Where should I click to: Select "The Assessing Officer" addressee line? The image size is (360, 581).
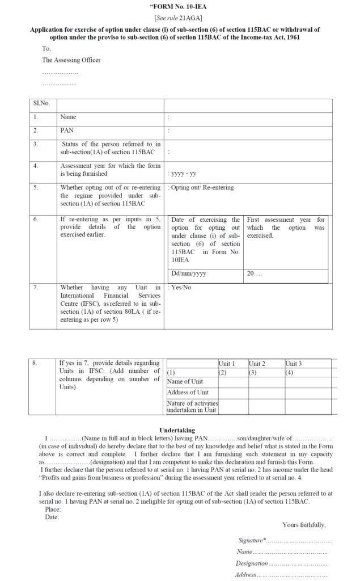coord(71,60)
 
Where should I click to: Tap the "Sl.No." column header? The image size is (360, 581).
coord(41,103)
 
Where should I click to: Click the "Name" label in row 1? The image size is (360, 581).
coord(68,117)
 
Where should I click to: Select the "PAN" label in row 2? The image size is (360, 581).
coord(67,130)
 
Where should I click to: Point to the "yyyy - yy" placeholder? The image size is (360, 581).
coord(184,174)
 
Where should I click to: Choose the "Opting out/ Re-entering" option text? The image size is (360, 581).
coord(202,188)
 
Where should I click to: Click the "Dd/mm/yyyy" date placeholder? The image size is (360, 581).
coord(189,273)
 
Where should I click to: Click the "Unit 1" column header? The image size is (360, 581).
coord(227,363)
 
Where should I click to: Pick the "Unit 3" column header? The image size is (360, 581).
coord(293,363)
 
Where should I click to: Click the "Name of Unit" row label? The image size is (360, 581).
coord(185,382)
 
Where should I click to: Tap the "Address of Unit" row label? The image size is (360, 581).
coord(188,393)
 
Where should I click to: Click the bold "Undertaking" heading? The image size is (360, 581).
coord(177,431)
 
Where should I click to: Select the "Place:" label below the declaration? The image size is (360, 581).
coord(53,509)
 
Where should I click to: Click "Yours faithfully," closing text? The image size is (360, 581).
coord(304,525)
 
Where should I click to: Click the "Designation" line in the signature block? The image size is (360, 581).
coord(252,563)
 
